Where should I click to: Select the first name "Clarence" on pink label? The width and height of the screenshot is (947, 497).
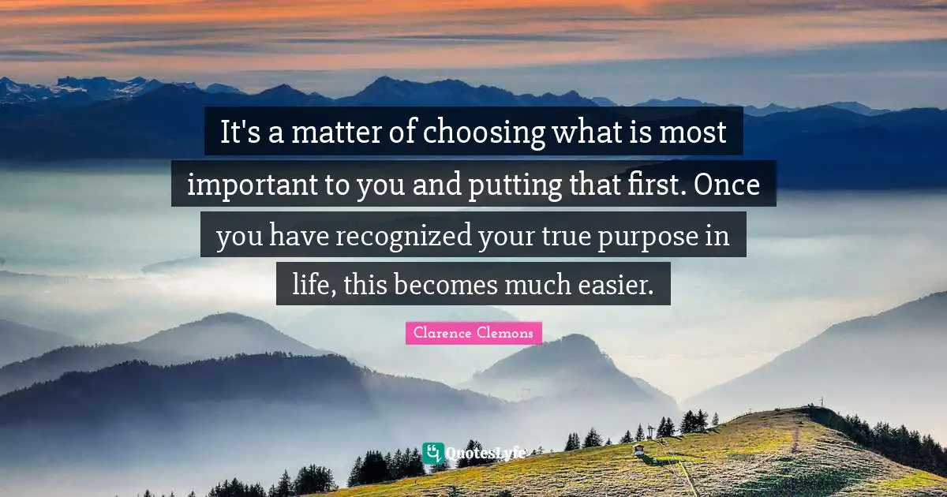tap(440, 334)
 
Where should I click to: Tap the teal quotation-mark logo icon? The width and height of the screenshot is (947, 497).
tap(432, 453)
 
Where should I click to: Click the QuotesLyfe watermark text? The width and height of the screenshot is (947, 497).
tap(485, 454)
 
